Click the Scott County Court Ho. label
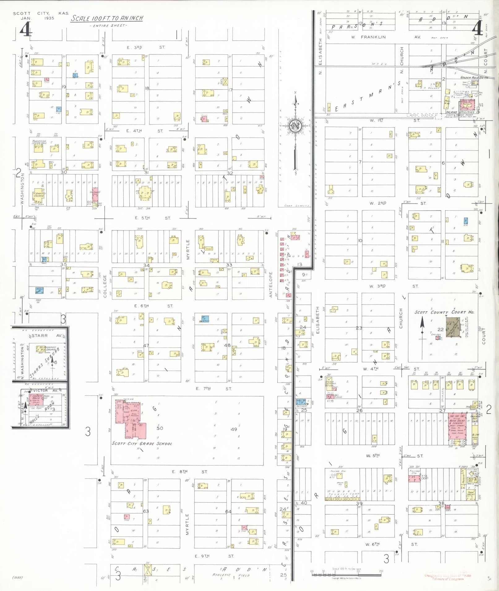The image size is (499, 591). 444,312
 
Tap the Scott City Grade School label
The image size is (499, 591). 142,444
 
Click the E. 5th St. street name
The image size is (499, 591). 153,218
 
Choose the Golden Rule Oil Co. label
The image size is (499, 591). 474,78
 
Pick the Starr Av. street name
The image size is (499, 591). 40,335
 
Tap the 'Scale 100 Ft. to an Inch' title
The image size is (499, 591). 107,18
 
